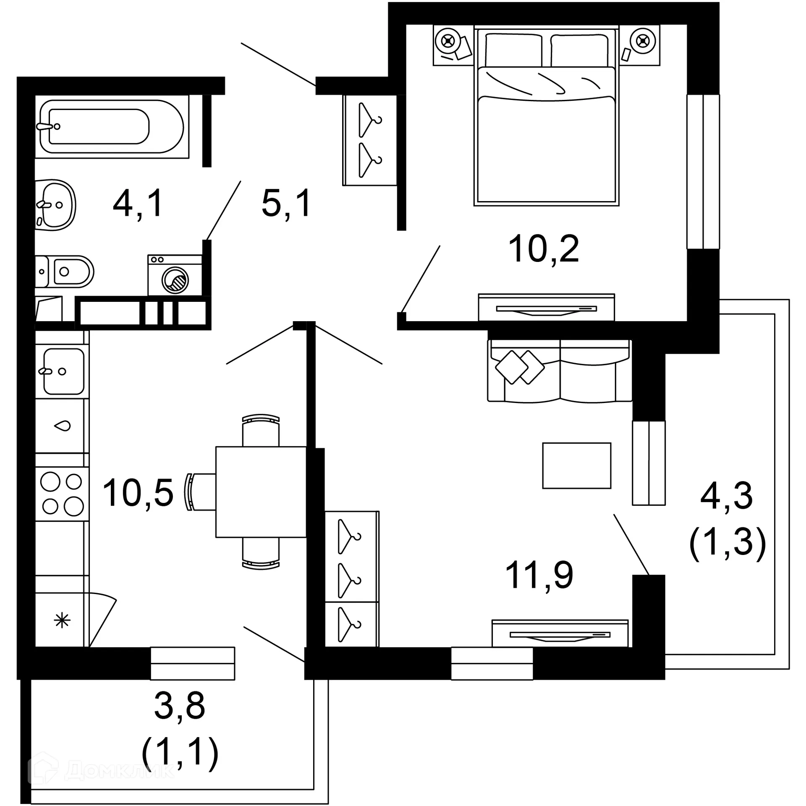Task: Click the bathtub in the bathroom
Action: tap(111, 126)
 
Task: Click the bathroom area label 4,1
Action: tap(138, 204)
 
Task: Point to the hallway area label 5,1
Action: tap(286, 204)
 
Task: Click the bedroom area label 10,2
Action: tap(544, 249)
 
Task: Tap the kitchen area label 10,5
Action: tap(138, 493)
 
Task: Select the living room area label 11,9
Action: tap(539, 575)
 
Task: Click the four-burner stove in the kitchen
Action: tap(62, 494)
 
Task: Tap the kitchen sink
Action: tap(63, 371)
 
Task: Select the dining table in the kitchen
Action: tap(261, 492)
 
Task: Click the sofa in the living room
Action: tap(560, 371)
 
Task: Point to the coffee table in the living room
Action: tap(576, 466)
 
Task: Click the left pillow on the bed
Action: tap(513, 50)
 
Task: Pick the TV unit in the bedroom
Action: tap(546, 308)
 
